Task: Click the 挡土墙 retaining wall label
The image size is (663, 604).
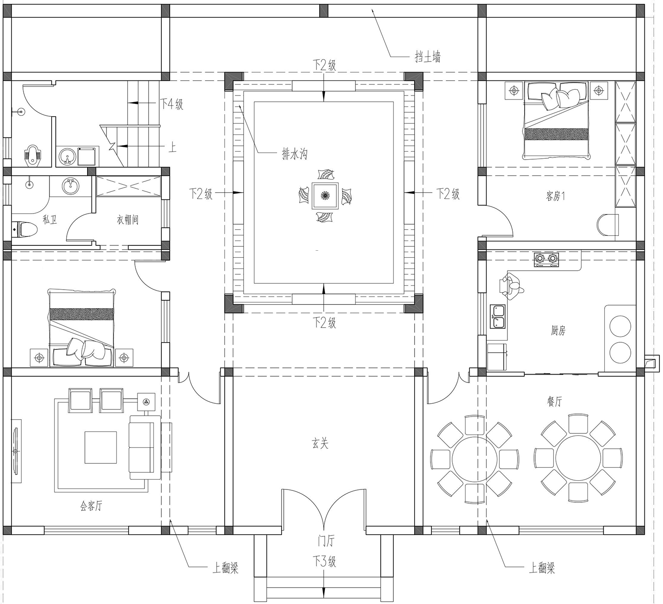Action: [428, 57]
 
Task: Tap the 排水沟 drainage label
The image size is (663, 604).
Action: [294, 154]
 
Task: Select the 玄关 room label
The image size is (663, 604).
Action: [320, 443]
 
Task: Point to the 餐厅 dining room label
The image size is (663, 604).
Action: [555, 401]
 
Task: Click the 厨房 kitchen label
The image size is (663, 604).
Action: [558, 330]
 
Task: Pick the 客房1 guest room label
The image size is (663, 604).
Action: [555, 196]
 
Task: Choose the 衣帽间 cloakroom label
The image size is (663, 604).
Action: [127, 220]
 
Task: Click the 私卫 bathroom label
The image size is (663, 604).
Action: [50, 219]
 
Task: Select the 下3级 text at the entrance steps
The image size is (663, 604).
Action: [324, 562]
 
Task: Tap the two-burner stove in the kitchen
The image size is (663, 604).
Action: [546, 260]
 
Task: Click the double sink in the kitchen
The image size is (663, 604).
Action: [497, 317]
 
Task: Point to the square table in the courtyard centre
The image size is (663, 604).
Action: [325, 195]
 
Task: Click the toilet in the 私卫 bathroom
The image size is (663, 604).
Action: [24, 229]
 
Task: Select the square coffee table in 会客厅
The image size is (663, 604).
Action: [100, 447]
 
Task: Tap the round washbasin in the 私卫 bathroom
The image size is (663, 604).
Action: [70, 186]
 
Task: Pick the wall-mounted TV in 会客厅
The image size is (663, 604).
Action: [15, 451]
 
